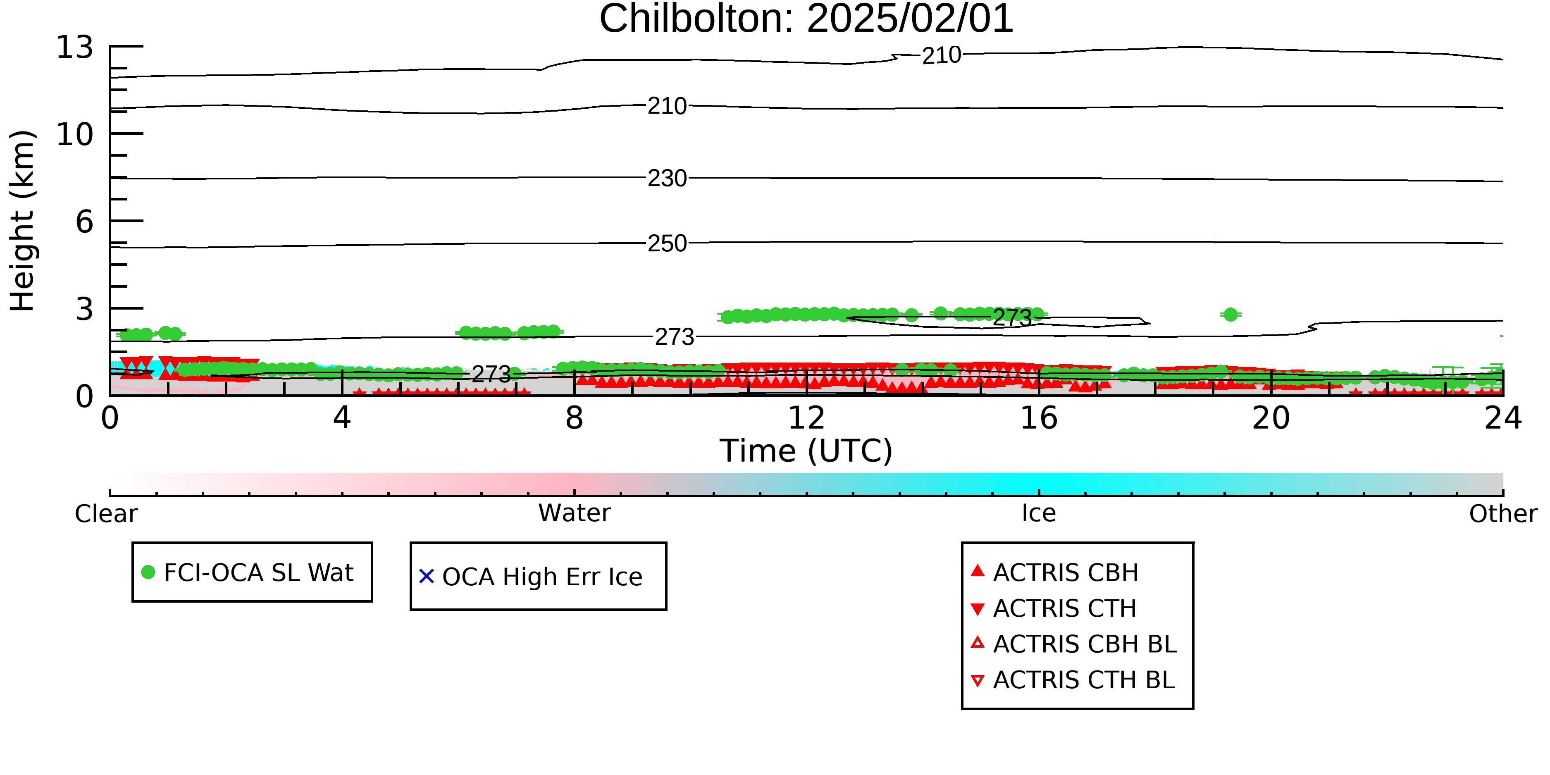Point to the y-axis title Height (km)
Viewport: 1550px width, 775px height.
23,221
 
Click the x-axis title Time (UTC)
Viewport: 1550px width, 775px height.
806,451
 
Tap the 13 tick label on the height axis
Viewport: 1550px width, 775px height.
75,47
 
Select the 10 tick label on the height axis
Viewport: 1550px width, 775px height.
75,134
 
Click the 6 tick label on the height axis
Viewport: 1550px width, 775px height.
84,222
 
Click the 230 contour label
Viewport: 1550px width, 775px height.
667,178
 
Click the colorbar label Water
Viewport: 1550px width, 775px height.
574,513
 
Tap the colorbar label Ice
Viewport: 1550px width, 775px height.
1039,513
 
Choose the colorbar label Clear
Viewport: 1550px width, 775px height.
106,514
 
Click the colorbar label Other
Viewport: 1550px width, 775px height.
1503,514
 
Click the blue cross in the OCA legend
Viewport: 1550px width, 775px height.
427,577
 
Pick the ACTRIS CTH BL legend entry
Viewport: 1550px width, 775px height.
1073,680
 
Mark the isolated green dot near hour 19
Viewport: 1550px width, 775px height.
1230,314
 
